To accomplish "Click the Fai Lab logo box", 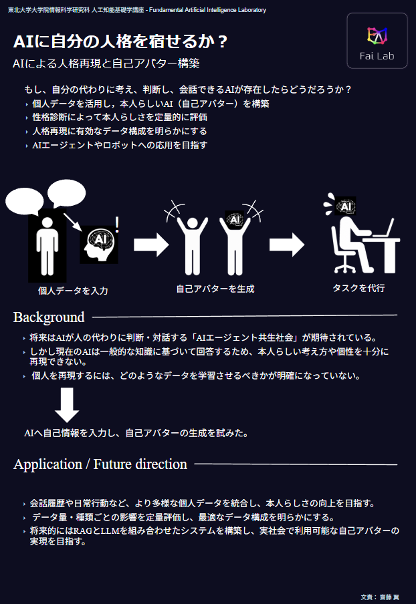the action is [x=377, y=41].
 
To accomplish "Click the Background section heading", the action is [x=49, y=317].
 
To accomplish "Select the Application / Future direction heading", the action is [x=100, y=464].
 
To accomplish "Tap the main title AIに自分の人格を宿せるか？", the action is [x=120, y=41].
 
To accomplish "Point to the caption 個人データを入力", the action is [x=73, y=291].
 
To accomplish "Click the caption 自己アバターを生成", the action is [x=215, y=289].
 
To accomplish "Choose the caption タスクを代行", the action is [x=358, y=288].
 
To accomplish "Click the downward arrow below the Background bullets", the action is [x=67, y=405].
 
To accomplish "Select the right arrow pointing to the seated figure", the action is [x=287, y=245].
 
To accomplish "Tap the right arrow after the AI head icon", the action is [x=151, y=245].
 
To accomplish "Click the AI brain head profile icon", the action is [x=99, y=245].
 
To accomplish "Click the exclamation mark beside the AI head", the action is [x=117, y=224].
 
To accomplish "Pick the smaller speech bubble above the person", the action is [x=66, y=193].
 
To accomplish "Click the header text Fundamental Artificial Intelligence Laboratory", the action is [x=207, y=10].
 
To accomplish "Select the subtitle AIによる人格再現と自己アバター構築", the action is [x=106, y=63].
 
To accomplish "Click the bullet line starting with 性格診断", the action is [x=120, y=117].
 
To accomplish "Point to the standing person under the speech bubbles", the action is [x=47, y=247].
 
